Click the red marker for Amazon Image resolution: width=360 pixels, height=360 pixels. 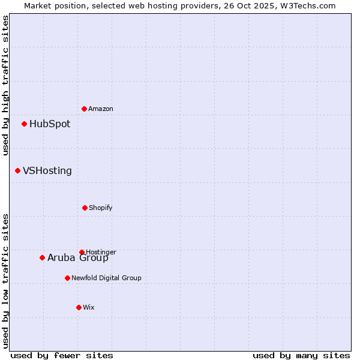pyautogui.click(x=85, y=109)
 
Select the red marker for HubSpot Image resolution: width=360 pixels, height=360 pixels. pyautogui.click(x=25, y=124)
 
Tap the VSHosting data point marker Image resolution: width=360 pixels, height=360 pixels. pyautogui.click(x=18, y=171)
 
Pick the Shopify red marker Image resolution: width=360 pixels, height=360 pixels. pyautogui.click(x=85, y=208)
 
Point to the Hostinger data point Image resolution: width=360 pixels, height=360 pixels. pyautogui.click(x=82, y=252)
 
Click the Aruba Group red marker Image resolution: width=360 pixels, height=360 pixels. pyautogui.click(x=43, y=258)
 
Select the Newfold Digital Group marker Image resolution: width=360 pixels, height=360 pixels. pyautogui.click(x=68, y=278)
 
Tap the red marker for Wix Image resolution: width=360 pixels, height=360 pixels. pyautogui.click(x=79, y=307)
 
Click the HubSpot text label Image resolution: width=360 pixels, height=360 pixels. pyautogui.click(x=50, y=124)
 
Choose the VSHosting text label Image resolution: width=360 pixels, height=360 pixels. pyautogui.click(x=47, y=171)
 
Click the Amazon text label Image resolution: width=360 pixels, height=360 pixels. pyautogui.click(x=101, y=109)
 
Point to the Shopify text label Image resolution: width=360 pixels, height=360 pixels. pyautogui.click(x=101, y=208)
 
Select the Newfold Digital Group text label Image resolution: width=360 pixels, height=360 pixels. pyautogui.click(x=106, y=278)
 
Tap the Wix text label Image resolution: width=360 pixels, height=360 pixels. pyautogui.click(x=89, y=307)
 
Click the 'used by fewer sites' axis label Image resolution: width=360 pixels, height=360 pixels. pyautogui.click(x=62, y=355)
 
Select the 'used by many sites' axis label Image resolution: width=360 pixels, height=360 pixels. pyautogui.click(x=301, y=355)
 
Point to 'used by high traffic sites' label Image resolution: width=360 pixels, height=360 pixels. pyautogui.click(x=5, y=85)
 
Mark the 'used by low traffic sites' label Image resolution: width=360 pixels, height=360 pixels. pyautogui.click(x=5, y=281)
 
